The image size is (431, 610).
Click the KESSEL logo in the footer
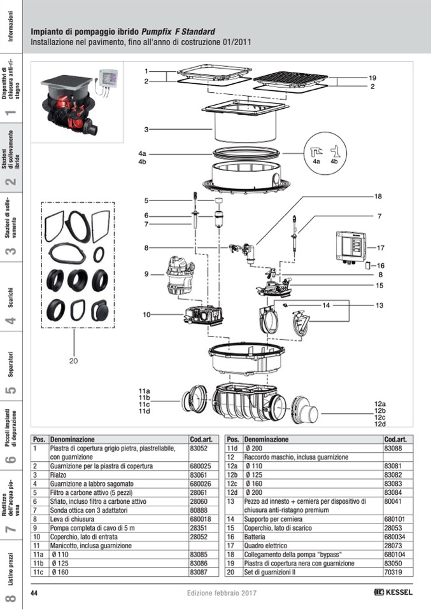(x=393, y=593)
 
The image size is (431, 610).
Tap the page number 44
(x=35, y=593)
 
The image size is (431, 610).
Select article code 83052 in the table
(x=199, y=448)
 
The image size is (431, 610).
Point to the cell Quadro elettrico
(x=267, y=546)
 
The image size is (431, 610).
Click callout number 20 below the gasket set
(x=74, y=361)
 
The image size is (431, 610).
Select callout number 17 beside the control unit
(x=381, y=248)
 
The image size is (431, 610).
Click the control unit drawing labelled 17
(x=350, y=248)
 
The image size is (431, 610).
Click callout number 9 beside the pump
(x=146, y=274)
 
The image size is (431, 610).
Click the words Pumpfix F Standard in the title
(x=178, y=31)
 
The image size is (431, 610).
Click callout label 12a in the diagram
(x=380, y=404)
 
